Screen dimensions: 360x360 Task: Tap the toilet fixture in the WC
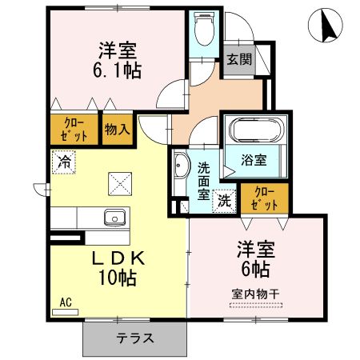[204, 32]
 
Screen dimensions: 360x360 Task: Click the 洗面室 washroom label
[204, 180]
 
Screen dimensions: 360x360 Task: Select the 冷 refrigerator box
[63, 161]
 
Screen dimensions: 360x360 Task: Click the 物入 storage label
[117, 129]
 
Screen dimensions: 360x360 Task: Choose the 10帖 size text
[117, 278]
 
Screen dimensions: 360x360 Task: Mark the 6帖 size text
[254, 267]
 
